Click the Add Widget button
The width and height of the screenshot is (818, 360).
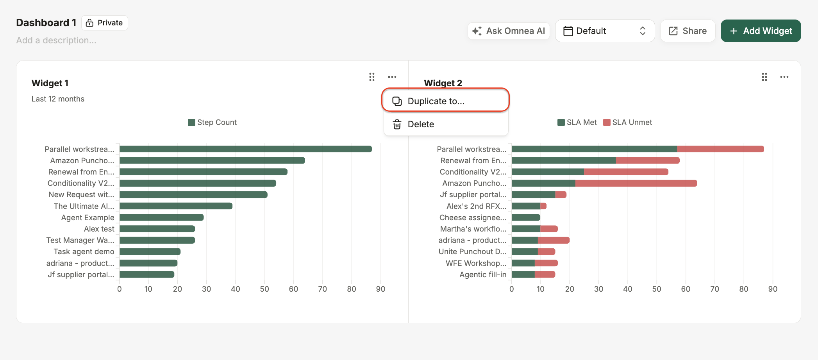click(761, 31)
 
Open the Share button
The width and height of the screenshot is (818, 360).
click(688, 31)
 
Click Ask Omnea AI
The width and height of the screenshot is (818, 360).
click(508, 31)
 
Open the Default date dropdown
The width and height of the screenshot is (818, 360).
click(605, 31)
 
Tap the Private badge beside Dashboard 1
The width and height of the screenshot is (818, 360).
click(104, 23)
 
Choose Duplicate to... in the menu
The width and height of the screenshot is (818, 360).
click(445, 101)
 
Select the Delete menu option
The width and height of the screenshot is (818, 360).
click(445, 124)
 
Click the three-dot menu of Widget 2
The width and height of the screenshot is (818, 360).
click(784, 77)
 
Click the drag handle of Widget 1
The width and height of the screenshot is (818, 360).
click(372, 77)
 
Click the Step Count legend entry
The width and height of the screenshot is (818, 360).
click(213, 122)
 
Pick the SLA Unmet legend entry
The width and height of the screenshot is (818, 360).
click(628, 122)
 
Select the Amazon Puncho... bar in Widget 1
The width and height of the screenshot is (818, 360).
click(212, 160)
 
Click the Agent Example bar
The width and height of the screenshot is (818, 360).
click(162, 217)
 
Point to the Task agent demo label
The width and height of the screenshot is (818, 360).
click(84, 251)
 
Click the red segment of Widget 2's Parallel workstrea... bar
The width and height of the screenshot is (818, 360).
click(720, 149)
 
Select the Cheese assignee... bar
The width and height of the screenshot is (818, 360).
click(526, 217)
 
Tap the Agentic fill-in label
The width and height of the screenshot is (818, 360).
click(483, 274)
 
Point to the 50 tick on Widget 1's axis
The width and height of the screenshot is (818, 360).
click(264, 289)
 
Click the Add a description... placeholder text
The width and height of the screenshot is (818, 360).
click(56, 40)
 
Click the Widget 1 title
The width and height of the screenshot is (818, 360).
click(50, 83)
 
